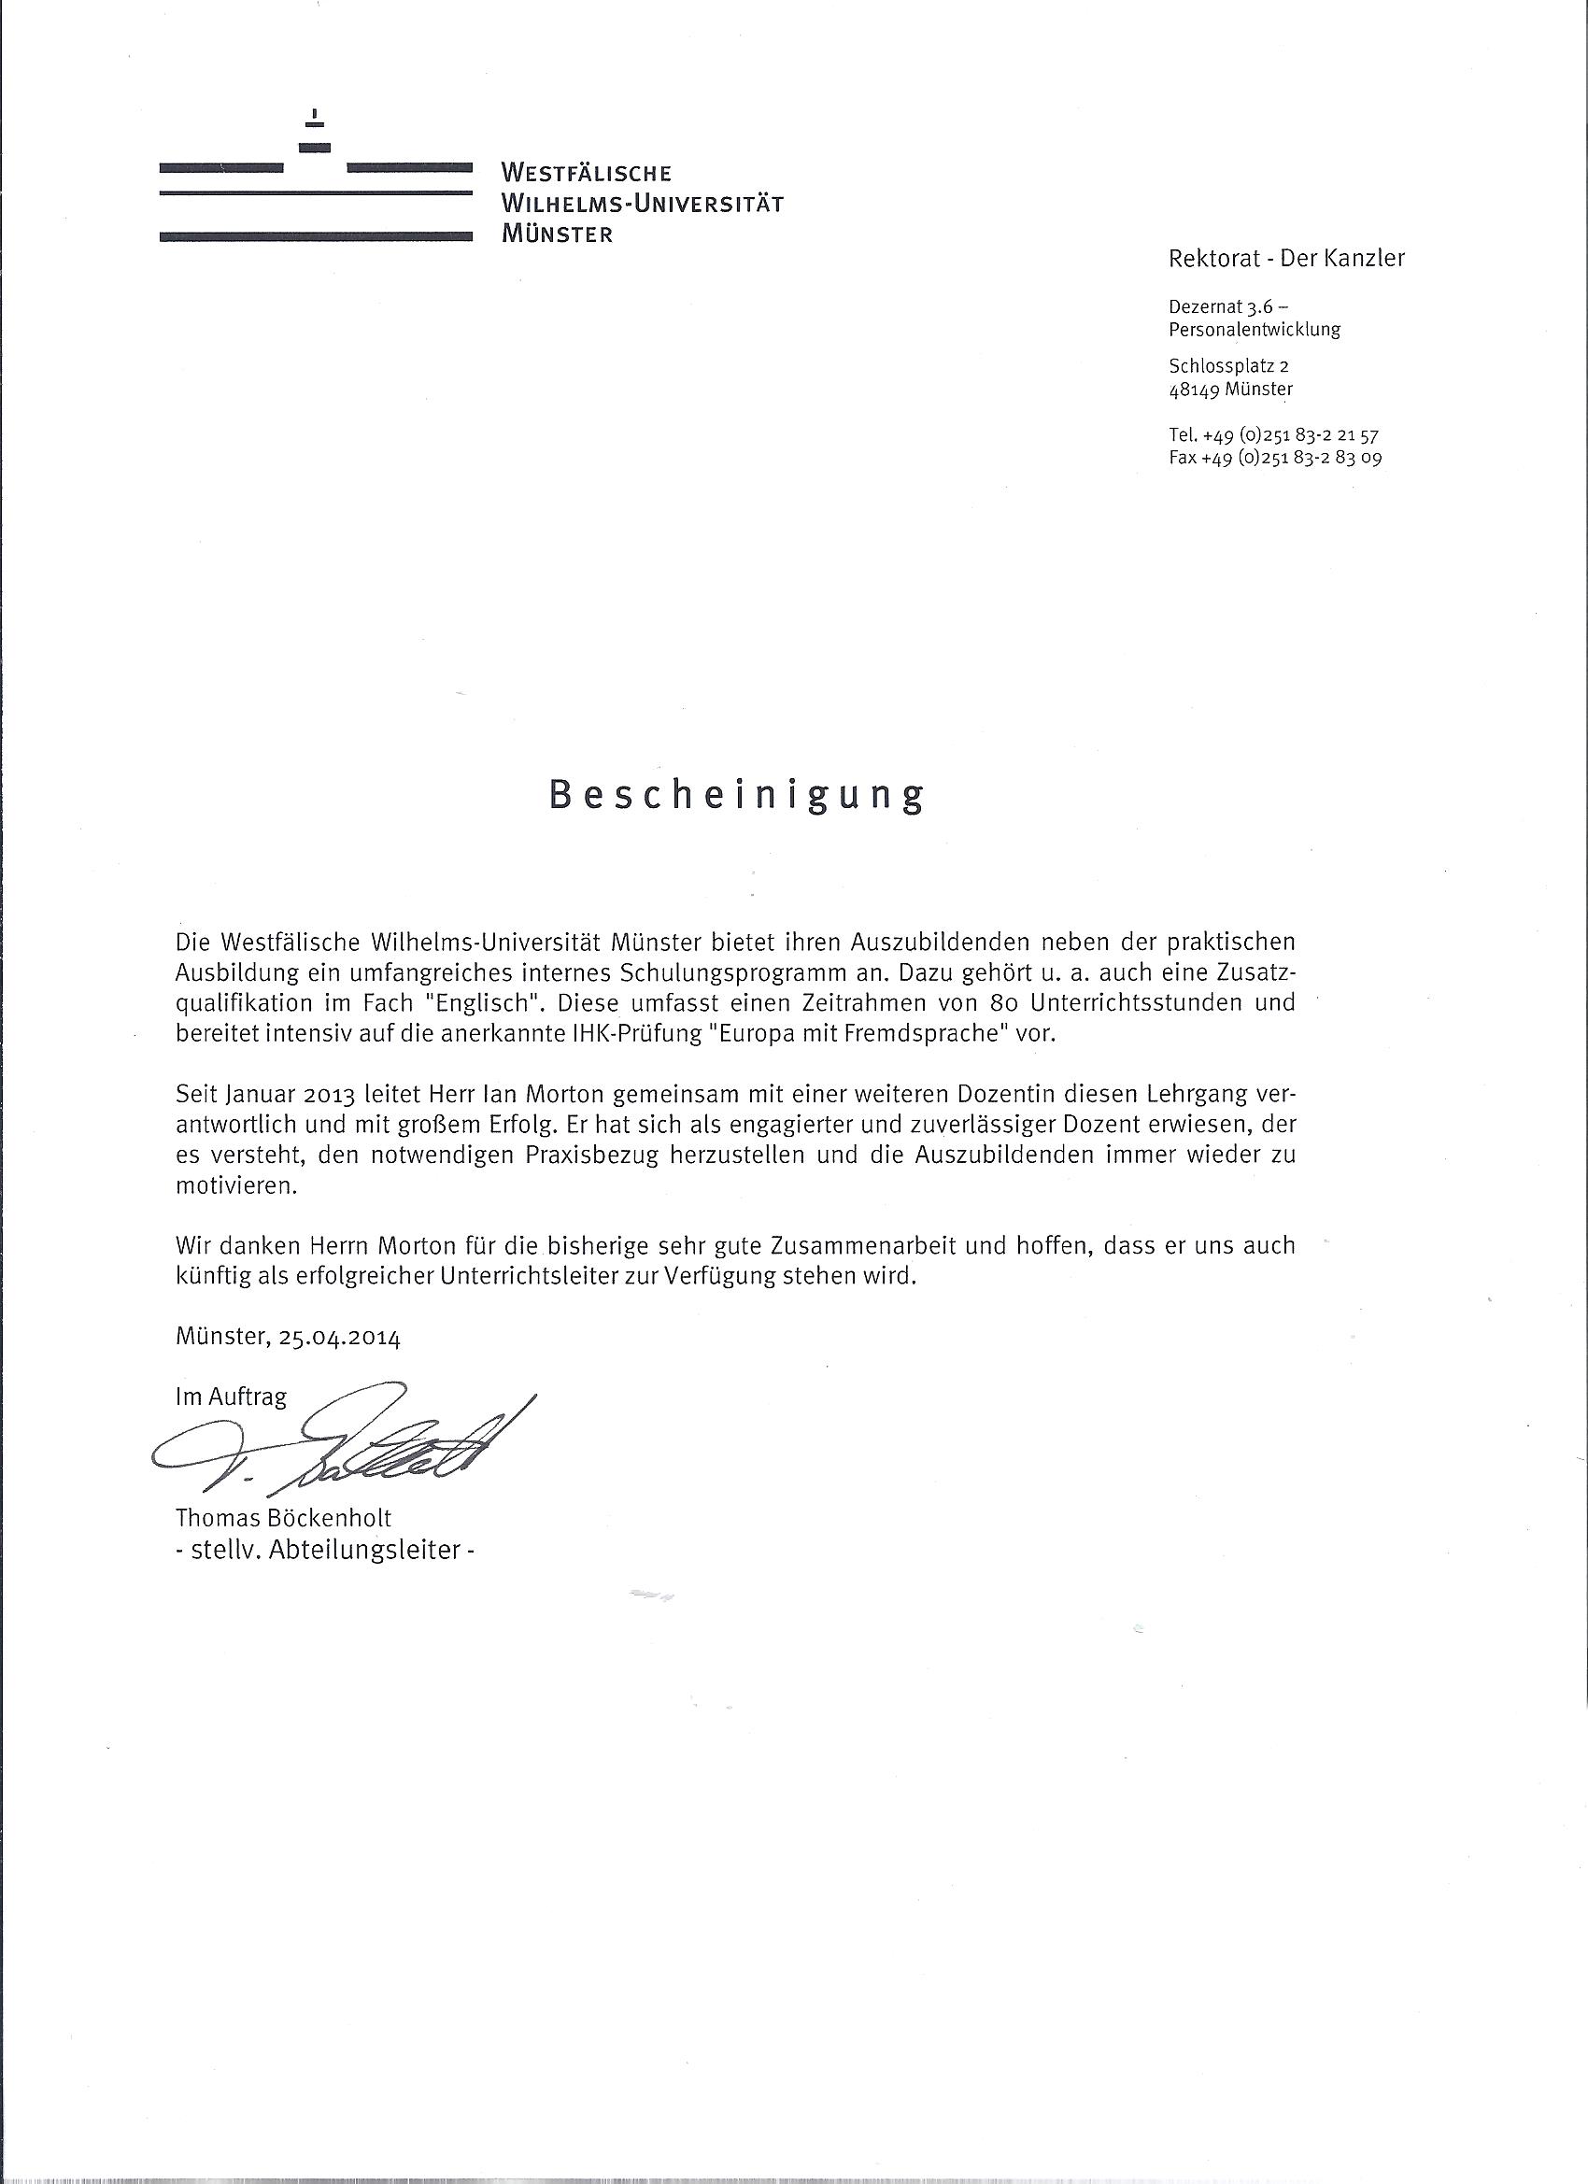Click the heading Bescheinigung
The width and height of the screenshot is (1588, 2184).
[x=737, y=795]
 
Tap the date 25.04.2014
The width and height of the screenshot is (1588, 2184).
[x=339, y=1338]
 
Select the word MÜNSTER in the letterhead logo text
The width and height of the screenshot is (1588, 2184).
[x=557, y=234]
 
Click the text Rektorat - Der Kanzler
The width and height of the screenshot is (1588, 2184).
[x=1285, y=258]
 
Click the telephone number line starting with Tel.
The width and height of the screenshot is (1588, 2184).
[x=1273, y=435]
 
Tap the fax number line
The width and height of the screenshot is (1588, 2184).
[x=1275, y=459]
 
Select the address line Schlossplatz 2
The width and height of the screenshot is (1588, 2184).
[x=1227, y=366]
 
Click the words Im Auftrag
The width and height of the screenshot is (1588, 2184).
[x=231, y=1397]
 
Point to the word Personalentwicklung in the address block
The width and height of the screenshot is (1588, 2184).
[x=1254, y=330]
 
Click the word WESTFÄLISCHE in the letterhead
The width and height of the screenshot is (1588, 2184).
[x=587, y=175]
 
